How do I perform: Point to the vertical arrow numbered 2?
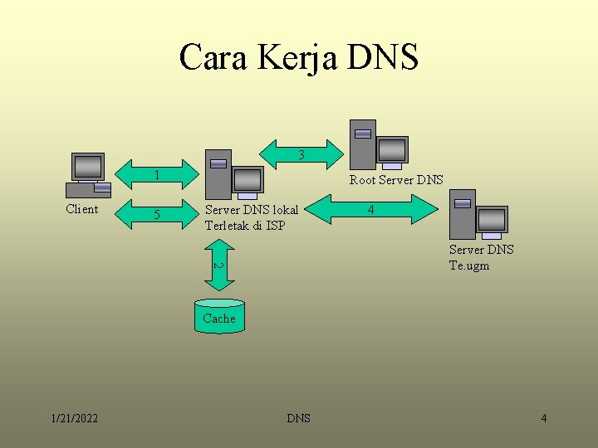218,265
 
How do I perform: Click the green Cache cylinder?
219,316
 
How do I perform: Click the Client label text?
81,209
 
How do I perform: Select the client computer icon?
90,174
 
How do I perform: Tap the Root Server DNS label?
396,179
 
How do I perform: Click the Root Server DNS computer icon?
378,145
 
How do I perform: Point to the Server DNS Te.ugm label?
481,257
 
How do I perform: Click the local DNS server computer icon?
233,173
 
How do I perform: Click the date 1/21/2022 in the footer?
74,418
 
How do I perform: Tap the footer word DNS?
298,418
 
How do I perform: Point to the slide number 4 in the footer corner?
543,418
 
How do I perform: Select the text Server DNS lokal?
251,209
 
